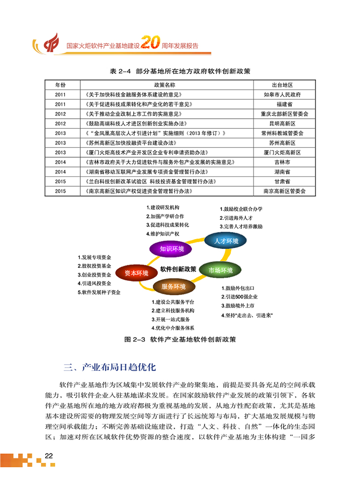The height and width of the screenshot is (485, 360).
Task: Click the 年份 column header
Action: click(x=60, y=85)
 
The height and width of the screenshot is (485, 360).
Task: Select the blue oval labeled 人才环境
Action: click(x=226, y=241)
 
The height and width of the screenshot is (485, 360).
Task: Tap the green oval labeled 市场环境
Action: click(x=220, y=270)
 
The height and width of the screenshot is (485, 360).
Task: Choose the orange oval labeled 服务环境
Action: click(x=173, y=286)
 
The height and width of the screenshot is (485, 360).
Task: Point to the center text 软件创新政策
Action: click(x=178, y=269)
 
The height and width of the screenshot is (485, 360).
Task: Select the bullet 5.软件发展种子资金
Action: click(x=99, y=292)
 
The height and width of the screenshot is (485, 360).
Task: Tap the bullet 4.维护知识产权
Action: click(x=162, y=233)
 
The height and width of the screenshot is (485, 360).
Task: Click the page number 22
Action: click(x=48, y=455)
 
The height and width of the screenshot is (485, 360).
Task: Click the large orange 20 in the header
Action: click(x=149, y=44)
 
